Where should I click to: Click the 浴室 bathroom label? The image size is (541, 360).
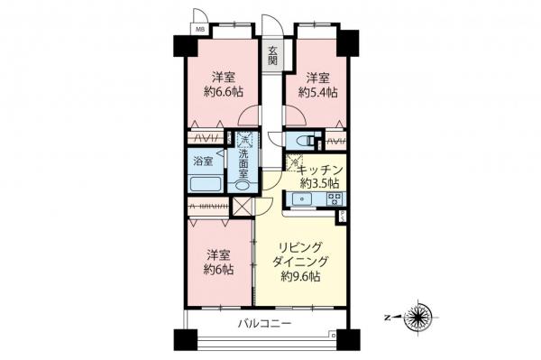click(204, 162)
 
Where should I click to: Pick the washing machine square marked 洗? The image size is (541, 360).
click(243, 142)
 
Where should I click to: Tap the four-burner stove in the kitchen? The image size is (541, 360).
click(334, 200)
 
